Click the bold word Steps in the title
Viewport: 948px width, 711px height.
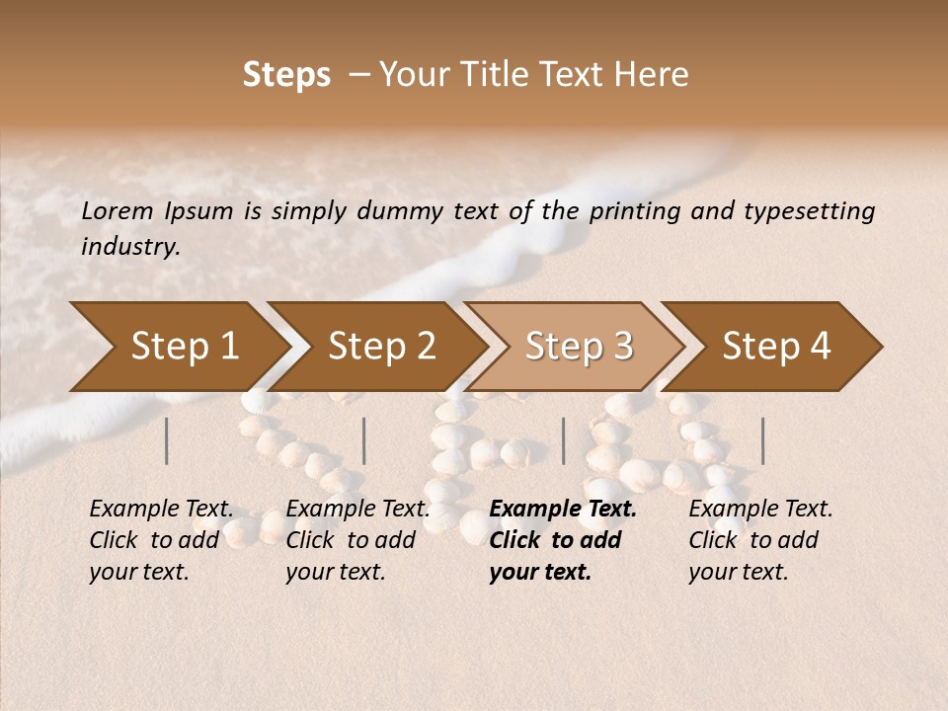click(286, 75)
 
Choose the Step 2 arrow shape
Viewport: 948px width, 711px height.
click(381, 347)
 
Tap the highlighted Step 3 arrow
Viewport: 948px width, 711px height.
click(579, 347)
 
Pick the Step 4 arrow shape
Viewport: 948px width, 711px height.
click(776, 347)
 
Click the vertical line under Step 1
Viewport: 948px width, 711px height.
click(167, 440)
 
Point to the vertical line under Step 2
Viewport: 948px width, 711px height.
click(364, 440)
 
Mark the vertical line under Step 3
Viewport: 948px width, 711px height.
click(563, 440)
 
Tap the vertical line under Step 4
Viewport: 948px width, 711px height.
click(762, 440)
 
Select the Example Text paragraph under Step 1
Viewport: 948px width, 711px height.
click(161, 540)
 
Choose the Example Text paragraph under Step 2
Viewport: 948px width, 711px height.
click(357, 540)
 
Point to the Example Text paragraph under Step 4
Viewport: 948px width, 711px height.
click(760, 540)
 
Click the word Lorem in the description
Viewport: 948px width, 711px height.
click(118, 210)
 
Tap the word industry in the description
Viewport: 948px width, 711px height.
click(129, 247)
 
